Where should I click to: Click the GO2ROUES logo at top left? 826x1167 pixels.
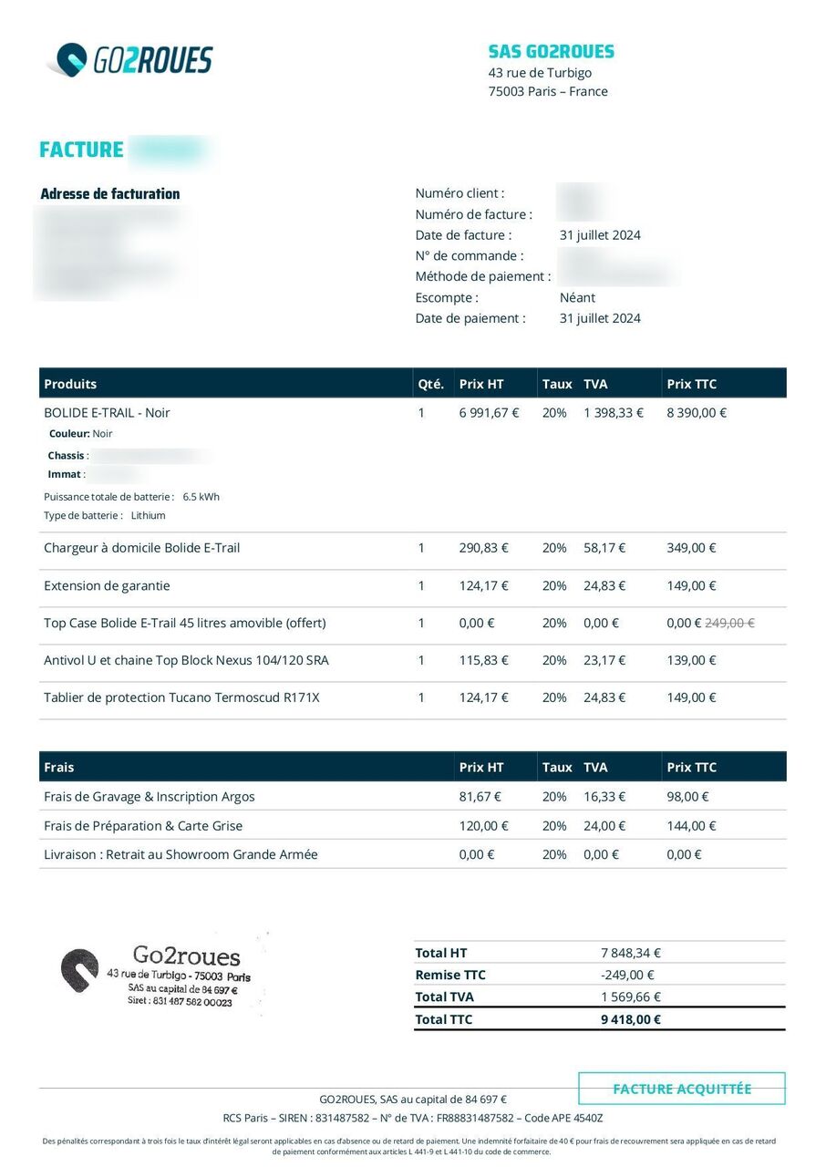click(x=129, y=60)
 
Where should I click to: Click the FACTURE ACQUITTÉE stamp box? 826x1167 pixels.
click(x=682, y=1089)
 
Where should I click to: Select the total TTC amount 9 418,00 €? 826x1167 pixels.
click(x=631, y=1019)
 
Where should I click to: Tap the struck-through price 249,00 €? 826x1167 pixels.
click(x=730, y=623)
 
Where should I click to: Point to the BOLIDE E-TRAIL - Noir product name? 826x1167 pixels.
click(x=107, y=412)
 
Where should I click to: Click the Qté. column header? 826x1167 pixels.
click(x=430, y=384)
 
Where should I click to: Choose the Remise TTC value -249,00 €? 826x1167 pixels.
click(x=628, y=975)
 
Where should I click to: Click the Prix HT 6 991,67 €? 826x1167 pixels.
click(x=489, y=412)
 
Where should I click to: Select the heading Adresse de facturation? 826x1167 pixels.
click(x=110, y=193)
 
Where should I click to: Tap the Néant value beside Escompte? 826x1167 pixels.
click(x=577, y=297)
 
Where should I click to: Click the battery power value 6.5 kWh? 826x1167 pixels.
click(x=201, y=497)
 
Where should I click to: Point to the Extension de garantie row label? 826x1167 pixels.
click(x=107, y=585)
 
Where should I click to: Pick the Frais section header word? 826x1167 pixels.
click(x=59, y=767)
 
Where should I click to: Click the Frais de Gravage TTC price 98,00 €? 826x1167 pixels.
click(x=687, y=796)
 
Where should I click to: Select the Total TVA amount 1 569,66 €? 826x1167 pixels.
click(x=631, y=997)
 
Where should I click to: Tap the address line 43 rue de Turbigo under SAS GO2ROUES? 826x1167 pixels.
click(x=540, y=73)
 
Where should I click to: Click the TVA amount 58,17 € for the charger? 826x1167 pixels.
click(x=604, y=548)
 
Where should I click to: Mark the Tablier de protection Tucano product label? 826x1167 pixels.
click(x=181, y=697)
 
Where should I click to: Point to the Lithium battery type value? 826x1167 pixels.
click(x=149, y=515)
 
